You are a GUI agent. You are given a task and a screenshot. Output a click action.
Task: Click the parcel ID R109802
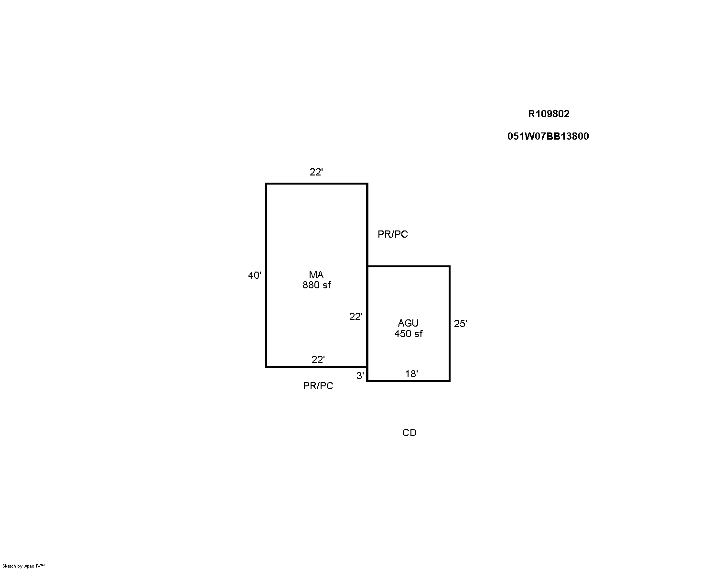[x=549, y=114]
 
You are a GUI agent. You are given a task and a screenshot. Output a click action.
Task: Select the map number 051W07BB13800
[x=548, y=136]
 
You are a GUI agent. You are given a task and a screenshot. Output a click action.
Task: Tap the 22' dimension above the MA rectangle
[x=316, y=172]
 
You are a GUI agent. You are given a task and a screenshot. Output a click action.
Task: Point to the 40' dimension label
[x=255, y=275]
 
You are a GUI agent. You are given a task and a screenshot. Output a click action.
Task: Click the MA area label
[x=316, y=275]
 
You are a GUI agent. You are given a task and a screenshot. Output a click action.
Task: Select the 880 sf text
[x=316, y=285]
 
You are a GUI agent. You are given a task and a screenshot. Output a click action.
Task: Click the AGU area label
[x=408, y=323]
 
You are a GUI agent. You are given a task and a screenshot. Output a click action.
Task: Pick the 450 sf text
[x=409, y=334]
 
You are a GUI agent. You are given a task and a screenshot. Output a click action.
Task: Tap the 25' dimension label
[x=461, y=324]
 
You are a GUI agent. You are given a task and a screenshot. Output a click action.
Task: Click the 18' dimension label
[x=412, y=374]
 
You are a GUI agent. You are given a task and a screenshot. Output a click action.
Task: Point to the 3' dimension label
[x=360, y=375]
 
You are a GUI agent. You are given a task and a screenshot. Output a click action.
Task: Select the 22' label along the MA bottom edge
[x=318, y=360]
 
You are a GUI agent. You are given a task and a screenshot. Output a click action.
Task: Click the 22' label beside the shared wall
[x=356, y=317]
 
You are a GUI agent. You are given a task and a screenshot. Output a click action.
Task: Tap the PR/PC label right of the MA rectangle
[x=393, y=234]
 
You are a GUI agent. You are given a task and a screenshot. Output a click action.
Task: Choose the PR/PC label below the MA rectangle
[x=318, y=385]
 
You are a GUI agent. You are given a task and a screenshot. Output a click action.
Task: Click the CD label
[x=409, y=432]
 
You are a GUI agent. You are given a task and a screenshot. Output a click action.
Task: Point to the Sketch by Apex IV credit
[x=23, y=566]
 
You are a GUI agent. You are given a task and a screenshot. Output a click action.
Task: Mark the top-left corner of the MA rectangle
[x=266, y=184]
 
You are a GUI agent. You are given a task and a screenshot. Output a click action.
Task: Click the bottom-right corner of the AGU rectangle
[x=450, y=381]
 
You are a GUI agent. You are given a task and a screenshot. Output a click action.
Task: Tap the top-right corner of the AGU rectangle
[x=450, y=266]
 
